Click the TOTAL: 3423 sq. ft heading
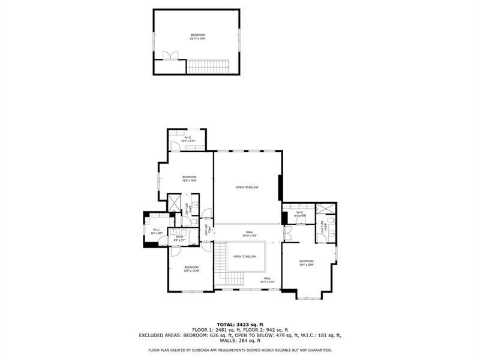point(240,325)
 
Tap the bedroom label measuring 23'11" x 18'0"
point(198,37)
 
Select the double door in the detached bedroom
point(171,56)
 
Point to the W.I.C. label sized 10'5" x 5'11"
point(188,139)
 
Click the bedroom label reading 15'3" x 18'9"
point(190,178)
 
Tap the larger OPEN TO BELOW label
point(247,188)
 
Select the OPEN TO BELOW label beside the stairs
point(245,256)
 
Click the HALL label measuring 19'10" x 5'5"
point(249,234)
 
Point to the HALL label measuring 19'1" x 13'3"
point(266,280)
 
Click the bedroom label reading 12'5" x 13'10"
point(191,269)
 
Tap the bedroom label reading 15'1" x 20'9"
point(307,263)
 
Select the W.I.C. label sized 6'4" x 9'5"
point(156,230)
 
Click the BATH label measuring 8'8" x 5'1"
point(179,238)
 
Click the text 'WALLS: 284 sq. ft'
point(240,341)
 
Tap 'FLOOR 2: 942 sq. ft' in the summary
point(266,330)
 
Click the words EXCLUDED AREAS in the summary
point(159,335)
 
